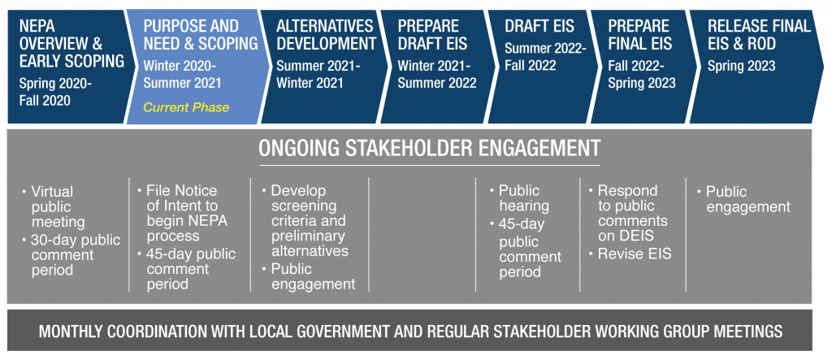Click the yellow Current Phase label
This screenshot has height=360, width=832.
[186, 107]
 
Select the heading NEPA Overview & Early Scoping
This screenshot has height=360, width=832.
[71, 44]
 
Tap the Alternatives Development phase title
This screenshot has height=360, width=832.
[326, 34]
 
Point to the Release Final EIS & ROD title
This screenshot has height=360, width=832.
[760, 34]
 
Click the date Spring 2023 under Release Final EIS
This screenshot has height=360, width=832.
[741, 66]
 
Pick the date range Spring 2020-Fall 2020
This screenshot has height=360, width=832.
[55, 91]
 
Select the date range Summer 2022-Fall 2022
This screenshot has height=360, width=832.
[545, 57]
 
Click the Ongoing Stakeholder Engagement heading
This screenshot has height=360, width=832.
[429, 148]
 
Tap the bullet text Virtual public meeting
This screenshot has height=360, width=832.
[58, 206]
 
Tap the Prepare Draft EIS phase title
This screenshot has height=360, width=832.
[433, 34]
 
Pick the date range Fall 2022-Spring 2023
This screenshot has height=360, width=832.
[642, 74]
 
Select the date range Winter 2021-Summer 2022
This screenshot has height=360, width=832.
[436, 74]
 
